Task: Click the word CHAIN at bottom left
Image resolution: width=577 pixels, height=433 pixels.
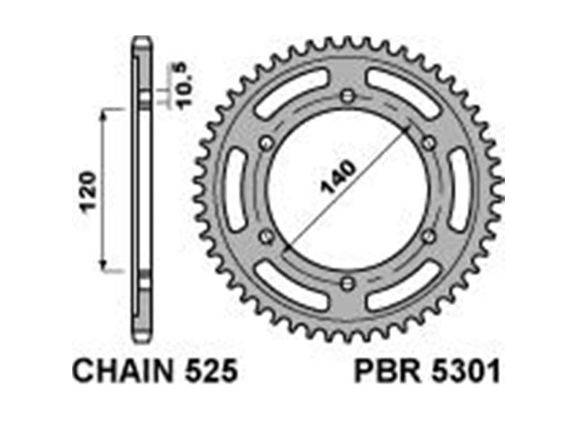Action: point(122,371)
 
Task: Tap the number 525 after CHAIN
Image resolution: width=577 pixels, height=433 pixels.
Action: point(211,371)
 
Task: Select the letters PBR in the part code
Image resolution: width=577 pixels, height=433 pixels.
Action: point(387,371)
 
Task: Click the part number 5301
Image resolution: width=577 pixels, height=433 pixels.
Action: point(466,371)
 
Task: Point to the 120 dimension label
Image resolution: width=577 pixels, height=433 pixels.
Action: point(88,191)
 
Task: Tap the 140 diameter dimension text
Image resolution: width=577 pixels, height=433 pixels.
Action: point(338,177)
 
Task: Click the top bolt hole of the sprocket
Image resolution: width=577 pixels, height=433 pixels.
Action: point(347,97)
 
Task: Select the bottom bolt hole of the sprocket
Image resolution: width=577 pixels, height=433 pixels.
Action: point(347,284)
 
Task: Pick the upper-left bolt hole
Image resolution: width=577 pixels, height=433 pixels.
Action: point(266,143)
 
